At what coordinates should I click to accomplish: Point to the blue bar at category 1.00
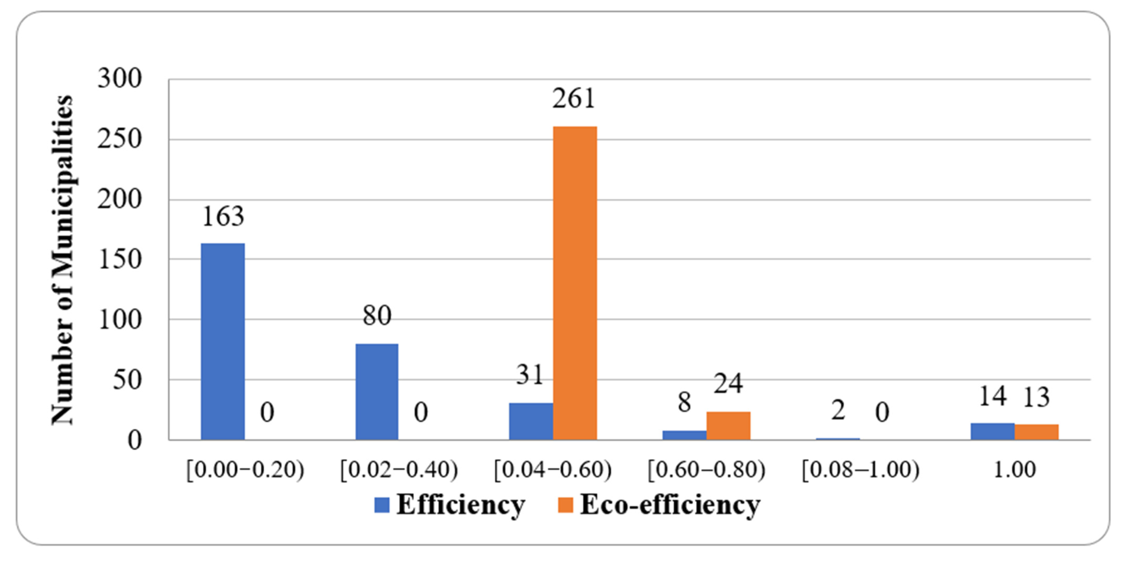pyautogui.click(x=992, y=431)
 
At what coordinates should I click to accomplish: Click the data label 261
pyautogui.click(x=574, y=99)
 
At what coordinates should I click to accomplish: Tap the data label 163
pyautogui.click(x=223, y=216)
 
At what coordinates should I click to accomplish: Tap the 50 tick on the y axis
pyautogui.click(x=127, y=380)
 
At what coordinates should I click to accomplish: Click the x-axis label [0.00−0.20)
pyautogui.click(x=245, y=470)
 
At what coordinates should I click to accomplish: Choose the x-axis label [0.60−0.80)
pyautogui.click(x=706, y=470)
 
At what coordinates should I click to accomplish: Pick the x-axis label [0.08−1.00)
pyautogui.click(x=861, y=470)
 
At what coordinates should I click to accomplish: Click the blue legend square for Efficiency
pyautogui.click(x=382, y=505)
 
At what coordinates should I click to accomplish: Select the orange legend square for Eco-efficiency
pyautogui.click(x=565, y=505)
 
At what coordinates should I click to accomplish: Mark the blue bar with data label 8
pyautogui.click(x=684, y=435)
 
